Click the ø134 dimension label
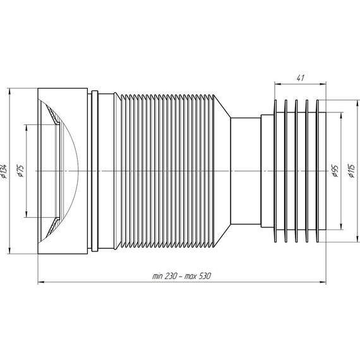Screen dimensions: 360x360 click(4, 171)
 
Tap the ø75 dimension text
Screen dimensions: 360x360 click(20, 171)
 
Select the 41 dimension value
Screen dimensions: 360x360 click(300, 78)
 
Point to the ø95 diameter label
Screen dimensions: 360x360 click(335, 171)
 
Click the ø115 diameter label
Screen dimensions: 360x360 click(352, 171)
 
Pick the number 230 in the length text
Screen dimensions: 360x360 click(171, 276)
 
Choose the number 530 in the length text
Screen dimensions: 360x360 click(204, 276)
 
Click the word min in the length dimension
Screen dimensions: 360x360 click(157, 277)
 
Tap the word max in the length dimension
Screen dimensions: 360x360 click(190, 277)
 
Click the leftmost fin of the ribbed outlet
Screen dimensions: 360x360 click(275, 171)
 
